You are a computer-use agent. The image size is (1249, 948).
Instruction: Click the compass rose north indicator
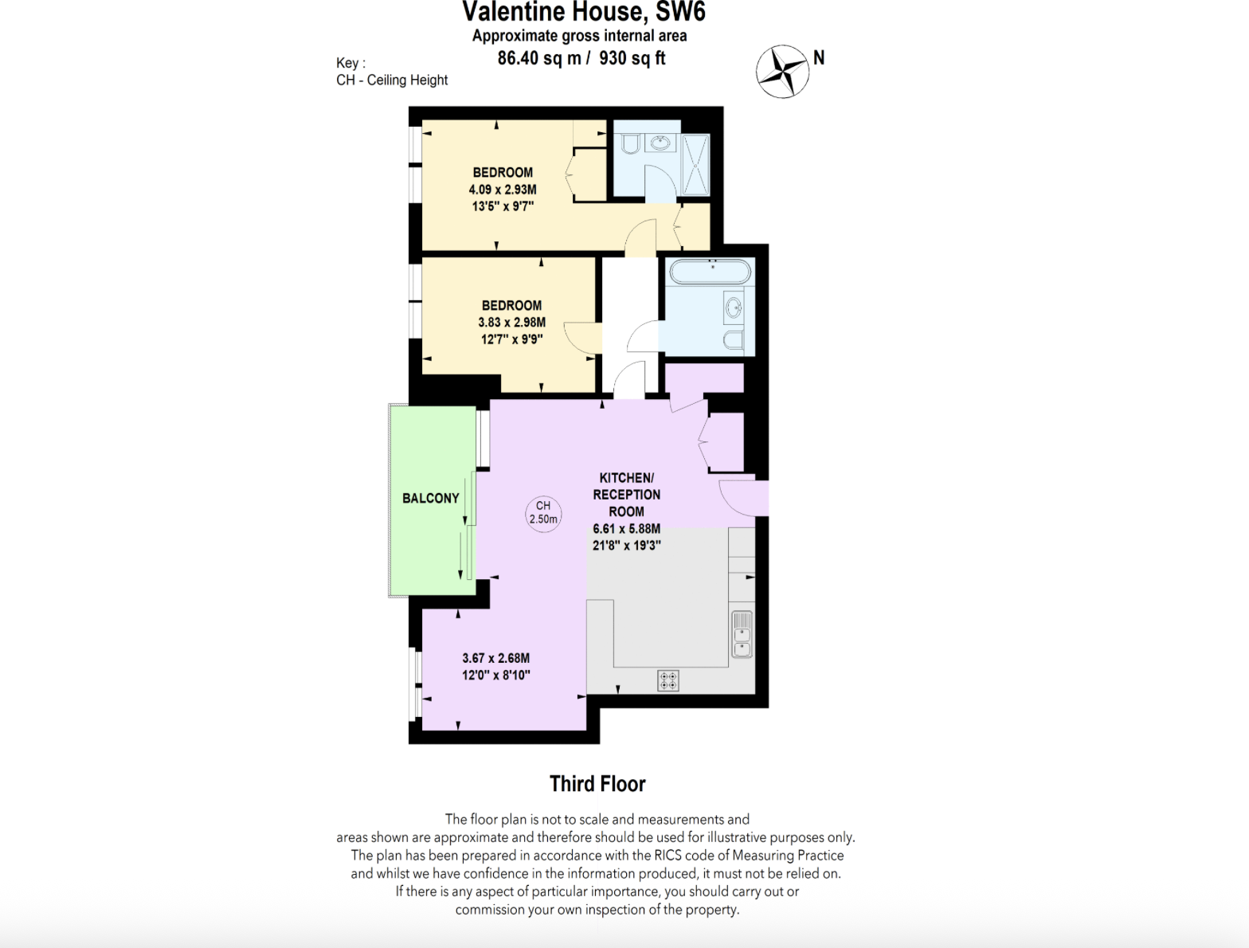click(783, 71)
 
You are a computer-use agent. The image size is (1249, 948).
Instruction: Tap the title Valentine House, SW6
click(583, 12)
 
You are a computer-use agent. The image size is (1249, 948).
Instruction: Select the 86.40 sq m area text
click(539, 58)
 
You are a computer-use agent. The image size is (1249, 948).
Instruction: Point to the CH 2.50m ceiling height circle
click(543, 512)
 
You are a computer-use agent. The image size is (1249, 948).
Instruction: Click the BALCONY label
click(430, 498)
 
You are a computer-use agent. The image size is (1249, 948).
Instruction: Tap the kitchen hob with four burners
click(668, 680)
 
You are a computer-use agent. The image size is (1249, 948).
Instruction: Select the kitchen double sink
click(742, 634)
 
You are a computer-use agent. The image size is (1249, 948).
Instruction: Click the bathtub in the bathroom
click(710, 272)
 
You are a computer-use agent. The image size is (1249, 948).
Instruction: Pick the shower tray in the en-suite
click(695, 164)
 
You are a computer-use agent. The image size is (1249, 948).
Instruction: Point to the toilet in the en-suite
click(629, 143)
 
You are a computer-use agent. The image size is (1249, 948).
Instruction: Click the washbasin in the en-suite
click(660, 143)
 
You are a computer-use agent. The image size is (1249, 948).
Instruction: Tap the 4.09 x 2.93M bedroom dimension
click(503, 190)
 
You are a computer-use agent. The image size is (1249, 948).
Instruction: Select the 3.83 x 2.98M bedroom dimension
click(511, 322)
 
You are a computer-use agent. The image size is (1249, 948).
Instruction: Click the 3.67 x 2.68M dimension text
click(495, 658)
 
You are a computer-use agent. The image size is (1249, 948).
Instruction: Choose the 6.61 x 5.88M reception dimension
click(626, 528)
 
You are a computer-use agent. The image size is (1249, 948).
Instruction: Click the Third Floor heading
click(597, 784)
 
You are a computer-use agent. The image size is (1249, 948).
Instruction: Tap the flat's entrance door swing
click(737, 497)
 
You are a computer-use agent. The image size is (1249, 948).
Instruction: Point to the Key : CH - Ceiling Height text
click(391, 72)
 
